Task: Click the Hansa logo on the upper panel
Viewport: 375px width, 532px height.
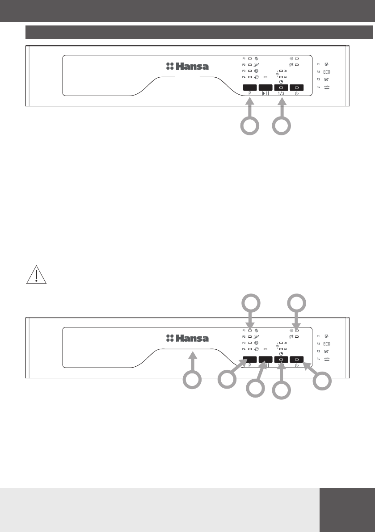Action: (x=187, y=67)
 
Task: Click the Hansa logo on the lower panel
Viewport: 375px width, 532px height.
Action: (x=187, y=338)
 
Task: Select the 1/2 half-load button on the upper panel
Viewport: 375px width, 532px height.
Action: (x=281, y=88)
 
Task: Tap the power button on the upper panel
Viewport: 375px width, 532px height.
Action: (x=297, y=88)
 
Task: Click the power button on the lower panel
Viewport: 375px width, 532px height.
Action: (x=297, y=359)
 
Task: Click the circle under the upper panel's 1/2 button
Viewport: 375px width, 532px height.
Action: (x=282, y=126)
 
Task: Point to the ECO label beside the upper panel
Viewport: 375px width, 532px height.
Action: (x=327, y=71)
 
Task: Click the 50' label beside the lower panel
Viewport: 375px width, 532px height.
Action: (x=327, y=351)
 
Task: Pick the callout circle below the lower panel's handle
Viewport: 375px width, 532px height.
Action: (x=192, y=380)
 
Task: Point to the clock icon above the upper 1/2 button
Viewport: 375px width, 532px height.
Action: (x=281, y=82)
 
